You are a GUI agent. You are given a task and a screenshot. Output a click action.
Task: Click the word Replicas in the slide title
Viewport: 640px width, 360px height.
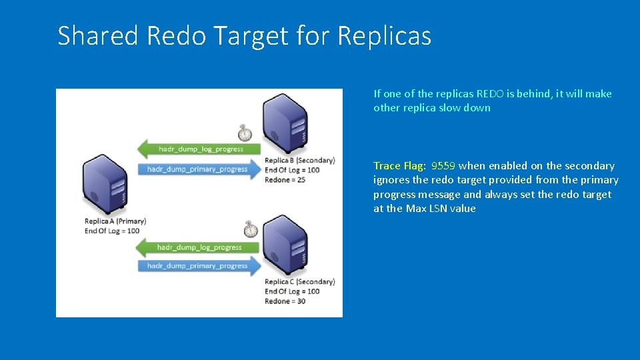pyautogui.click(x=385, y=35)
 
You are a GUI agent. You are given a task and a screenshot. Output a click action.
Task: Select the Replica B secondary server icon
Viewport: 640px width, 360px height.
pyautogui.click(x=285, y=123)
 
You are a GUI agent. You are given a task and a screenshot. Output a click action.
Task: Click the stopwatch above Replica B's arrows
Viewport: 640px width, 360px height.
pyautogui.click(x=245, y=133)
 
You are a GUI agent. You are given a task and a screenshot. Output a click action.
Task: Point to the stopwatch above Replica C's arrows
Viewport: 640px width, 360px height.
pyautogui.click(x=251, y=229)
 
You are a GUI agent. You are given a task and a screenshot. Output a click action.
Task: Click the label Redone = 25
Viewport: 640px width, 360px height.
pyautogui.click(x=285, y=180)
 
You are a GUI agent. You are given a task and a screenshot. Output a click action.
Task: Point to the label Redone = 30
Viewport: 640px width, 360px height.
pyautogui.click(x=285, y=301)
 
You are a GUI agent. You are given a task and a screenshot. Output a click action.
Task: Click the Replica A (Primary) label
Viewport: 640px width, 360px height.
pyautogui.click(x=115, y=221)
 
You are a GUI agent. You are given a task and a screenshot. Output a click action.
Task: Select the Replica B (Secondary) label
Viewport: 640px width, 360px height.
pyautogui.click(x=299, y=160)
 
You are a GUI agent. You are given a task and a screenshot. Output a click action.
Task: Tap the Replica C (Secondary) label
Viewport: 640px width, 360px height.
pyautogui.click(x=299, y=281)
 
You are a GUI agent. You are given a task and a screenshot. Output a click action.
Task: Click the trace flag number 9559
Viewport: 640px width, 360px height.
pyautogui.click(x=443, y=166)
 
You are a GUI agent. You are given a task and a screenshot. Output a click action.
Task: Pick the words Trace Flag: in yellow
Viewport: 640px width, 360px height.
pyautogui.click(x=400, y=166)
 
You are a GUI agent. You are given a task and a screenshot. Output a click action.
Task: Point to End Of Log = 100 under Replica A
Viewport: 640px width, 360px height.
pyautogui.click(x=112, y=231)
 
